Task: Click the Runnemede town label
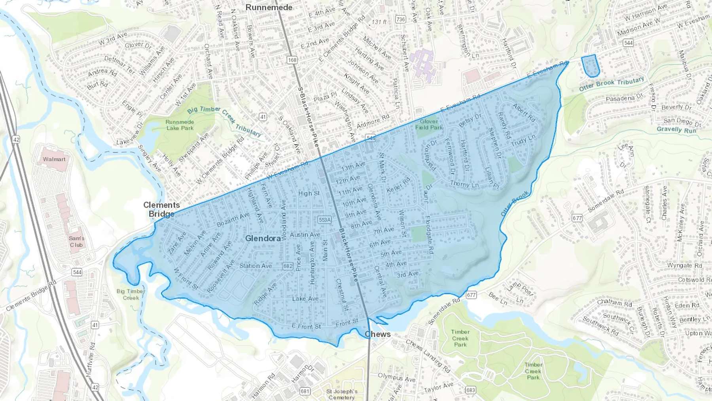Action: (x=269, y=7)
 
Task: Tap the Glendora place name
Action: (x=263, y=238)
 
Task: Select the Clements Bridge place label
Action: (x=161, y=209)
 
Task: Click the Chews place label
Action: (x=378, y=334)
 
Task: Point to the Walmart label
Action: (x=54, y=159)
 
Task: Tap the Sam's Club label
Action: (x=76, y=241)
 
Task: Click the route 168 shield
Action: (x=292, y=60)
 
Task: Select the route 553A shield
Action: (x=324, y=220)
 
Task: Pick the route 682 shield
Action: (x=288, y=266)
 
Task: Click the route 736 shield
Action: (x=400, y=19)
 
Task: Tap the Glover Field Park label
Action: (x=429, y=124)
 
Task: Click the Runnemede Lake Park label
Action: (x=180, y=125)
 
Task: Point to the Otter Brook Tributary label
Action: (x=612, y=84)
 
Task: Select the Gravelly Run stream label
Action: (x=676, y=129)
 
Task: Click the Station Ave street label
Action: (x=256, y=266)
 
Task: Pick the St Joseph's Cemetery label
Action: (x=342, y=394)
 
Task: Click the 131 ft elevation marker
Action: (x=379, y=22)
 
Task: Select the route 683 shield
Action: (x=470, y=390)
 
